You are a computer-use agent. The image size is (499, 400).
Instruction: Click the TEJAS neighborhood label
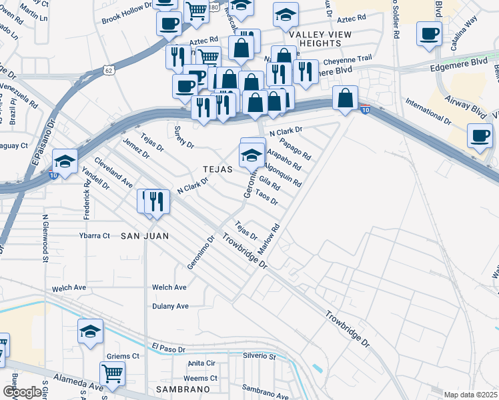point(218,169)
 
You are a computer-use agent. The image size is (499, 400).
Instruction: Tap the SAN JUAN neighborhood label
point(144,236)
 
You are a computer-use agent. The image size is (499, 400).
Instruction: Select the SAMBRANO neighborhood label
point(183,388)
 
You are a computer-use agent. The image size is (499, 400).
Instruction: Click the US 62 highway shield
point(108,69)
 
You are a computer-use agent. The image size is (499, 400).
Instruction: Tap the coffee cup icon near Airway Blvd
point(480,136)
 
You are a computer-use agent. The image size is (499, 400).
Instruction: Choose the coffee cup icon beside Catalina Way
point(429,33)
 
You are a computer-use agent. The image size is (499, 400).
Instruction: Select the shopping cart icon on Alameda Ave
point(112,373)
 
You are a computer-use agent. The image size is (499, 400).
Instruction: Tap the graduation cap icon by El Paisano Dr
point(65,161)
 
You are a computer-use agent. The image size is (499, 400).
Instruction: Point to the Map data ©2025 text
point(470,393)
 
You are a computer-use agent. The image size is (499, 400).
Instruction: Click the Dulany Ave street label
point(170,306)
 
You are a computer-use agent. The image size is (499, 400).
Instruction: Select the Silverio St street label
point(260,357)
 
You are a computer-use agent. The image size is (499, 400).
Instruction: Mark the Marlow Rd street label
point(272,238)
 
